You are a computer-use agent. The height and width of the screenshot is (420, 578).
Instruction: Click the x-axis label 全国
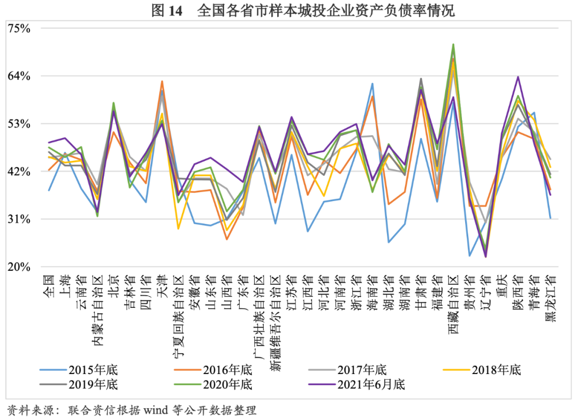click(x=49, y=281)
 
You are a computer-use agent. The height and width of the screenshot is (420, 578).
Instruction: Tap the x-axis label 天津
click(x=162, y=281)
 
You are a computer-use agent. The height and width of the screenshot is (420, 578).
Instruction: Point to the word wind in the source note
click(x=155, y=410)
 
